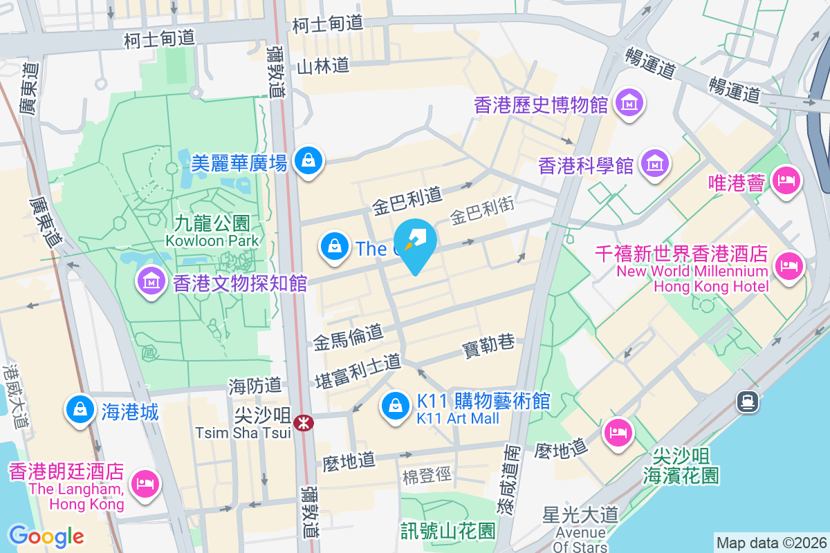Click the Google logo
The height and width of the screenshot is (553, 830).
[x=46, y=536]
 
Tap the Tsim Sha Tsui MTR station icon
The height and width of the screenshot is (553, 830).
[x=303, y=422]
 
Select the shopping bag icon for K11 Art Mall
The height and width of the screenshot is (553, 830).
[x=395, y=406]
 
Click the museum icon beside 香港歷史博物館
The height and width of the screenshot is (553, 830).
[x=630, y=103]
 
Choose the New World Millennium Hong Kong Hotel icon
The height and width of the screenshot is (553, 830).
[x=788, y=265]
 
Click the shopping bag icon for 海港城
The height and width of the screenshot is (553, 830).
[x=80, y=409]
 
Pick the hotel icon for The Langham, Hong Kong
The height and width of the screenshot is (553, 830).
[x=144, y=482]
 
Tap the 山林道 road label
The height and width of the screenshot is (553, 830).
[x=323, y=66]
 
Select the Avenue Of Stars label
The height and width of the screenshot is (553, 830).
[x=580, y=540]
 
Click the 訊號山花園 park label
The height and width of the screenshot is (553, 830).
[x=448, y=530]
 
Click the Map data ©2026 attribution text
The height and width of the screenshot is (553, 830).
[x=771, y=543]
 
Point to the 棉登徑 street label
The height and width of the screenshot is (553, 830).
[x=426, y=476]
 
